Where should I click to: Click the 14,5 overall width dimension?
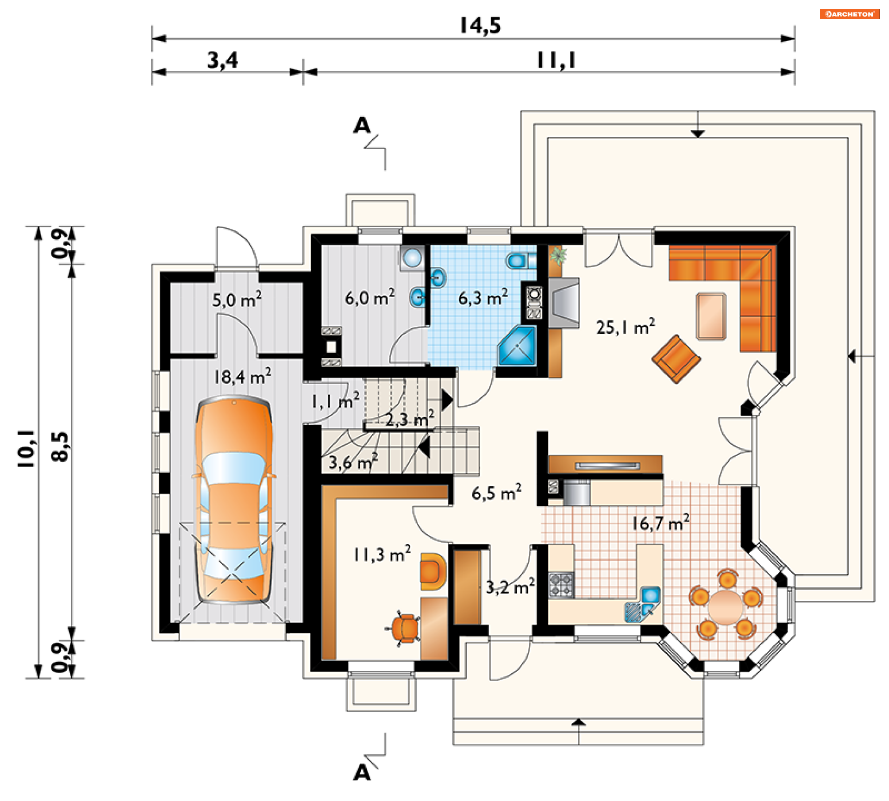(x=480, y=25)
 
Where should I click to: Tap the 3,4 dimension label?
(x=222, y=60)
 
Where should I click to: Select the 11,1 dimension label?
(x=556, y=60)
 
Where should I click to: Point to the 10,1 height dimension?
(x=26, y=448)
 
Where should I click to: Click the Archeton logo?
(x=850, y=14)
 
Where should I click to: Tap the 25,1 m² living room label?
(x=625, y=327)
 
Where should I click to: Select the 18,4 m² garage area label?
(x=242, y=376)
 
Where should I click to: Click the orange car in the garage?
(x=234, y=500)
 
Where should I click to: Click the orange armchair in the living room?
(x=676, y=359)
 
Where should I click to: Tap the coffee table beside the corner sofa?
(x=711, y=316)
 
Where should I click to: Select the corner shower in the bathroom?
(x=517, y=346)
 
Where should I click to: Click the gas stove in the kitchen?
(x=561, y=585)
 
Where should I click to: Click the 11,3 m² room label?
(x=382, y=554)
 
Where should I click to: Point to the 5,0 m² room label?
(x=237, y=299)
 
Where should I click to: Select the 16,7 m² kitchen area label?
(x=661, y=523)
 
